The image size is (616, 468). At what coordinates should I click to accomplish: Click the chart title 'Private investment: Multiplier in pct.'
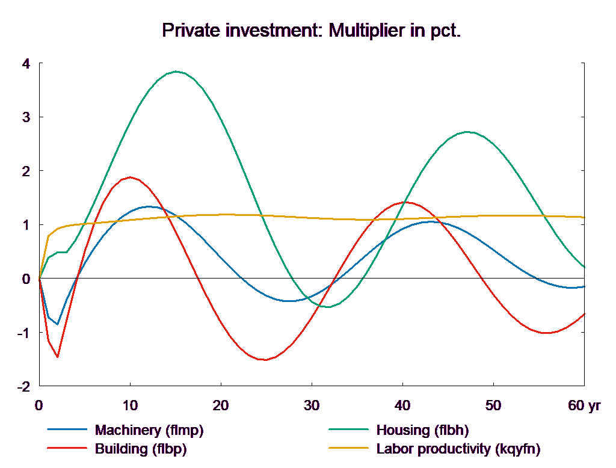click(x=312, y=31)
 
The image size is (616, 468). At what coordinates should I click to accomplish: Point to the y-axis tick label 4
click(x=26, y=63)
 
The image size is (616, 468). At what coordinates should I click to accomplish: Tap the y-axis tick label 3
click(x=26, y=117)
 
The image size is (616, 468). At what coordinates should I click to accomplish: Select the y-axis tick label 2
click(x=26, y=171)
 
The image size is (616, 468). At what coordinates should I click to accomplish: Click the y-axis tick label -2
click(x=24, y=386)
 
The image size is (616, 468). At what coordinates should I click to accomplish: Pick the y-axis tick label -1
click(x=24, y=333)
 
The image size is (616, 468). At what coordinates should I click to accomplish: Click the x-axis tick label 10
click(x=130, y=405)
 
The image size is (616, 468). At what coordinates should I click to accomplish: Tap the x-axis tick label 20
click(x=221, y=405)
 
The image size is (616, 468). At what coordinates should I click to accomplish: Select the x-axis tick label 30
click(x=312, y=405)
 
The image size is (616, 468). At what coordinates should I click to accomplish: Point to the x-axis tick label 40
click(x=402, y=405)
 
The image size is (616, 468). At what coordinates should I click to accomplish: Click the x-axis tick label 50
click(x=493, y=405)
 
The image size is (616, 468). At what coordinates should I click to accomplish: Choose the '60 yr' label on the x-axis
click(x=584, y=405)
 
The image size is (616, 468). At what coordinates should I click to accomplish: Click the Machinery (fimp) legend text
click(x=149, y=430)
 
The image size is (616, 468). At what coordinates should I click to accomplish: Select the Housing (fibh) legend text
click(x=422, y=430)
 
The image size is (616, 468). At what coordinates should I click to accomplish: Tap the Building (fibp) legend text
click(x=141, y=449)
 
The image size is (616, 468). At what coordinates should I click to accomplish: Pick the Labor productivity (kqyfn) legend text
click(x=458, y=449)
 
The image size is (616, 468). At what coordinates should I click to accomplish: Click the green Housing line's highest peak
click(x=176, y=72)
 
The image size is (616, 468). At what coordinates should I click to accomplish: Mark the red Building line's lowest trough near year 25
click(x=263, y=360)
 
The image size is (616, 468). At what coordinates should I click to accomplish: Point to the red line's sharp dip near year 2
click(x=58, y=357)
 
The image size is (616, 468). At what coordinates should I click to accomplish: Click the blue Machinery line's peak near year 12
click(x=149, y=206)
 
